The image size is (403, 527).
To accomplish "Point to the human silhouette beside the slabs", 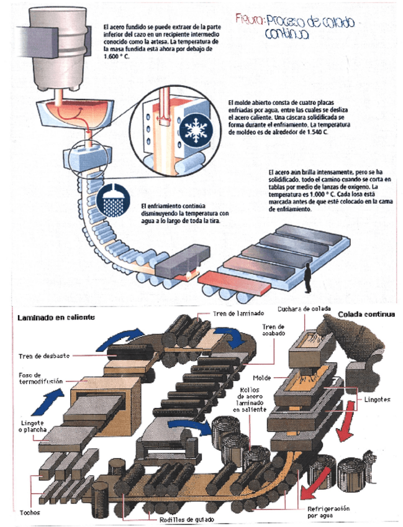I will (x=307, y=277).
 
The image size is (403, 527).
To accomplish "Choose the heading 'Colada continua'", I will (x=366, y=314).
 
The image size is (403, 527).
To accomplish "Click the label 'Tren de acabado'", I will (x=271, y=330).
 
